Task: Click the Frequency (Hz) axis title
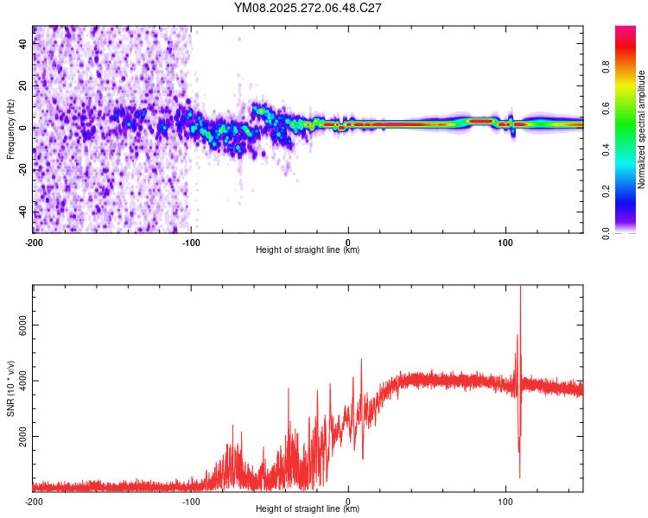(10, 129)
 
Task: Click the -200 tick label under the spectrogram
(34, 241)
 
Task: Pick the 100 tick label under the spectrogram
(505, 241)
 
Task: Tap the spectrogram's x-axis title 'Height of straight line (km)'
(308, 250)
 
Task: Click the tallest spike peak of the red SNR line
(520, 287)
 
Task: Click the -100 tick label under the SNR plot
(191, 501)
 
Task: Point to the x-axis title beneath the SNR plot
(308, 509)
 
